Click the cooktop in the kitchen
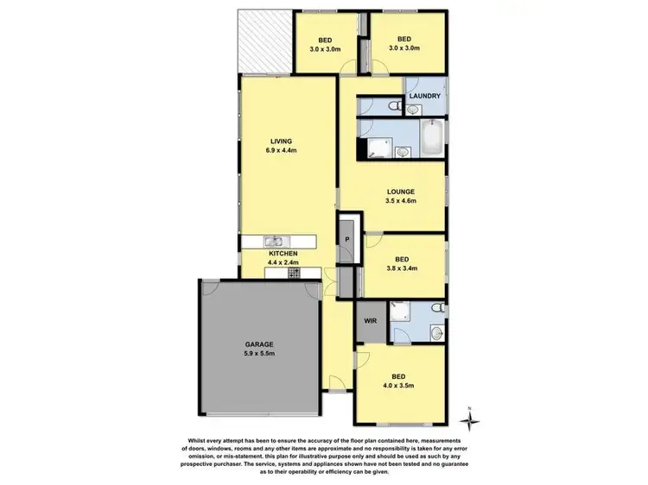tap(294, 274)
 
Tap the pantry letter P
tap(347, 239)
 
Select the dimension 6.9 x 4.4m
tap(282, 150)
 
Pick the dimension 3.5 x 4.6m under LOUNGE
tap(402, 201)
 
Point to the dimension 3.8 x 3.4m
tap(402, 268)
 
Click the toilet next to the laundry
tap(395, 106)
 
